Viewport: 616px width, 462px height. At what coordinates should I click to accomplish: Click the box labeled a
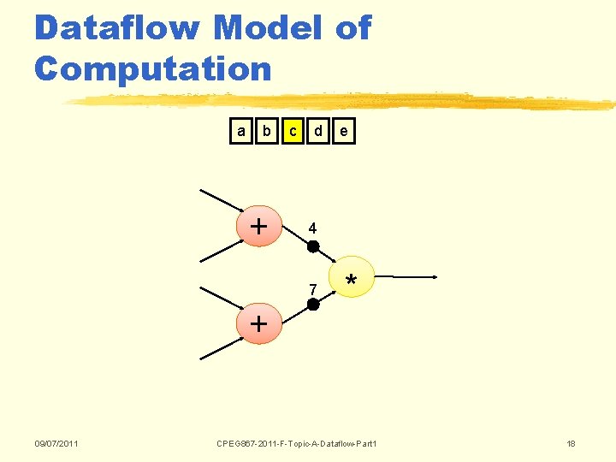(241, 132)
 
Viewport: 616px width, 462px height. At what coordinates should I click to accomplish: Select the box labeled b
(267, 132)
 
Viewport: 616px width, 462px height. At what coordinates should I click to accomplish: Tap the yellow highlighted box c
(293, 132)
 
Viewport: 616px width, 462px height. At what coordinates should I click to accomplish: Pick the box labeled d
(318, 132)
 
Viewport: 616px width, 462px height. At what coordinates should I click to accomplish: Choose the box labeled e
(343, 132)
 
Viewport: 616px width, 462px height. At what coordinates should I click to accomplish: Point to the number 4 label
(313, 229)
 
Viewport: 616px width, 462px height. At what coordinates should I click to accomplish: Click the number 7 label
(313, 288)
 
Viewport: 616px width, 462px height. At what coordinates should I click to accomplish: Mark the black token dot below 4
(313, 246)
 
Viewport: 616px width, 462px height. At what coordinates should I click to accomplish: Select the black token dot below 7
(313, 305)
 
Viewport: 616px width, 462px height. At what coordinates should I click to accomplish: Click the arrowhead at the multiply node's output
(435, 277)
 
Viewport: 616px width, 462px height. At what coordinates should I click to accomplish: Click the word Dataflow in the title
(116, 28)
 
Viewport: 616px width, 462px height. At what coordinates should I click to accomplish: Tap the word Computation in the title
(152, 68)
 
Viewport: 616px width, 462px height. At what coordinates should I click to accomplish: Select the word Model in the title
(268, 28)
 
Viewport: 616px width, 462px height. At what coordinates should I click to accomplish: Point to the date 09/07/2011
(56, 443)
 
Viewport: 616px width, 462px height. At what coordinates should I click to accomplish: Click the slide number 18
(571, 443)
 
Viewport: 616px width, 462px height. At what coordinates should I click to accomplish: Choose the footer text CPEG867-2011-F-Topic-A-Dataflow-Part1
(297, 443)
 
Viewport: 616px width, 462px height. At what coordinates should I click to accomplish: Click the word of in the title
(353, 28)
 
